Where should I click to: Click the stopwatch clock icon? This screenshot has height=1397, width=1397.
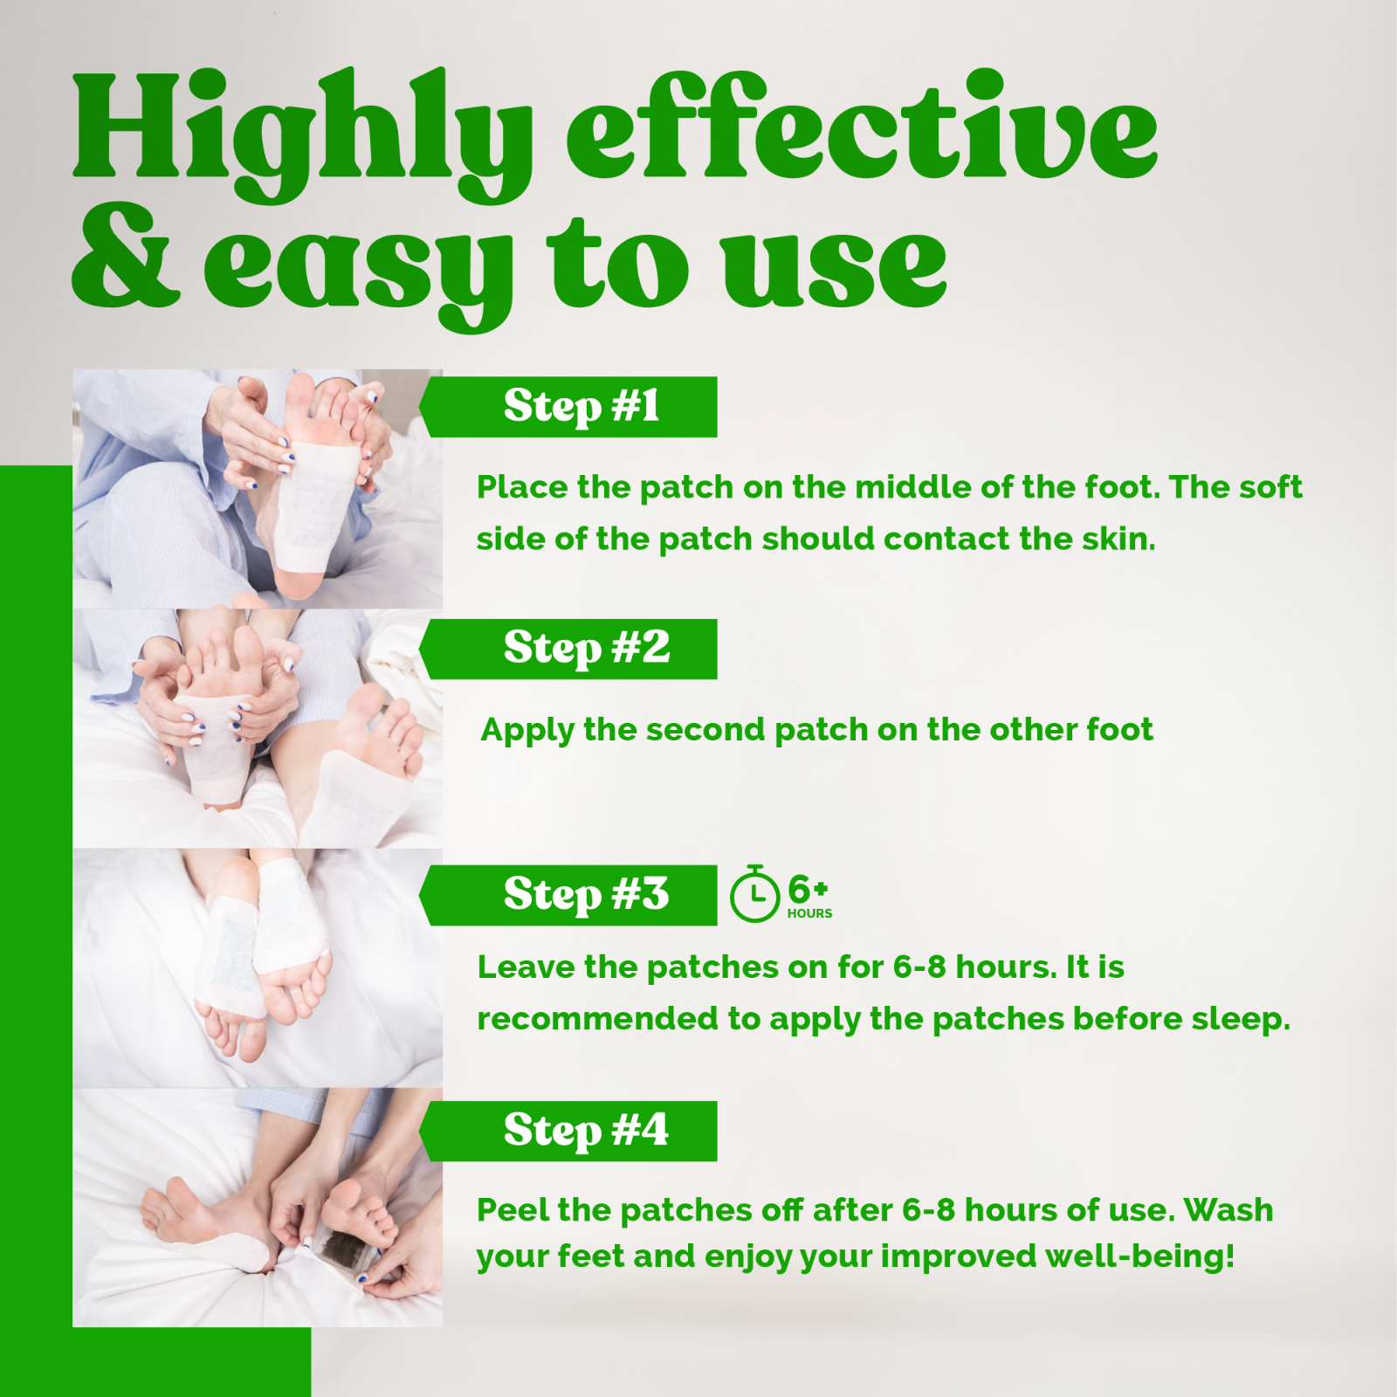tap(754, 895)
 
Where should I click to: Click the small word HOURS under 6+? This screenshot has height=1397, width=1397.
tap(809, 914)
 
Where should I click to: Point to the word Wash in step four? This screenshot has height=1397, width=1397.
tap(1228, 1210)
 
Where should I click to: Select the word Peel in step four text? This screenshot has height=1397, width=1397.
tap(513, 1210)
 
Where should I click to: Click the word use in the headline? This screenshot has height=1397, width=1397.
tap(834, 266)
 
